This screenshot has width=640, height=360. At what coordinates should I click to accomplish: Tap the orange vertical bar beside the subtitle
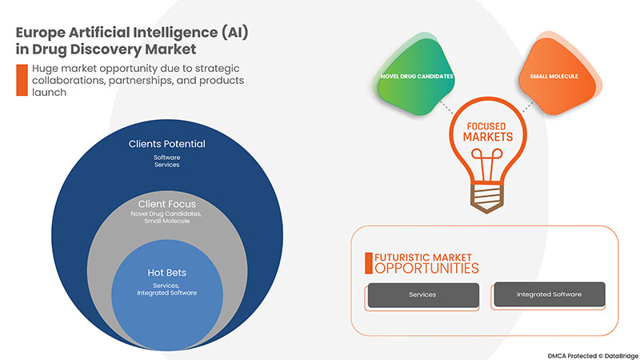pyautogui.click(x=20, y=80)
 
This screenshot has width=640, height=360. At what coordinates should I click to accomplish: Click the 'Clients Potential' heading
pyautogui.click(x=167, y=144)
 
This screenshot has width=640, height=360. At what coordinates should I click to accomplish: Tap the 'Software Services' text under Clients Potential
pyautogui.click(x=167, y=162)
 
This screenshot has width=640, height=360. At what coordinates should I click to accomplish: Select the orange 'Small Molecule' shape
pyautogui.click(x=553, y=76)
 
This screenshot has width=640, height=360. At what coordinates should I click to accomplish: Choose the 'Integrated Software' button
pyautogui.click(x=548, y=294)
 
